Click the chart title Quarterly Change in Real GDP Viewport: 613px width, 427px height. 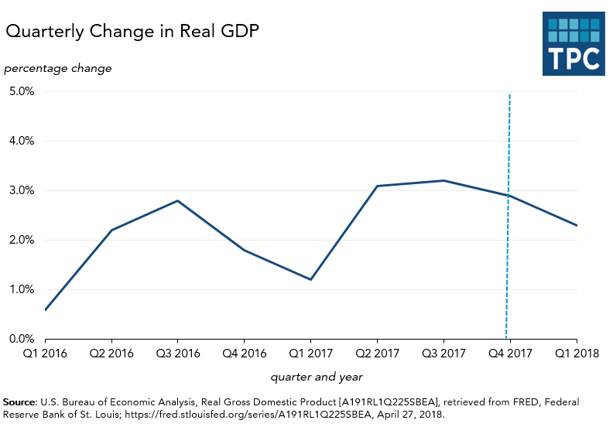pyautogui.click(x=132, y=32)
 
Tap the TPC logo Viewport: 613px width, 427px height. pyautogui.click(x=574, y=43)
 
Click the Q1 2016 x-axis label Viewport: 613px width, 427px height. pyautogui.click(x=45, y=354)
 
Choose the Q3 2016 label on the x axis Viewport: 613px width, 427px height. pyautogui.click(x=178, y=354)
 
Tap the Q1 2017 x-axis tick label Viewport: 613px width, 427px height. pyautogui.click(x=310, y=354)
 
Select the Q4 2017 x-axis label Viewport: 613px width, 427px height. pyautogui.click(x=510, y=354)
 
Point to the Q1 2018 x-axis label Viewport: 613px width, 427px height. pyautogui.click(x=576, y=354)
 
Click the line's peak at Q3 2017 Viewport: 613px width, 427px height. pyautogui.click(x=443, y=180)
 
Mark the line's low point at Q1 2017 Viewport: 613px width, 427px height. pyautogui.click(x=310, y=279)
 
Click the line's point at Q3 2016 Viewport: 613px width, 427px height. pyautogui.click(x=178, y=200)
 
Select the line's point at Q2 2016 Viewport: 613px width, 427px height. pyautogui.click(x=111, y=230)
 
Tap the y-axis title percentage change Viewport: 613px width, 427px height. pyautogui.click(x=58, y=68)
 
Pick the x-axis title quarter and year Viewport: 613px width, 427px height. pyautogui.click(x=317, y=377)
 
